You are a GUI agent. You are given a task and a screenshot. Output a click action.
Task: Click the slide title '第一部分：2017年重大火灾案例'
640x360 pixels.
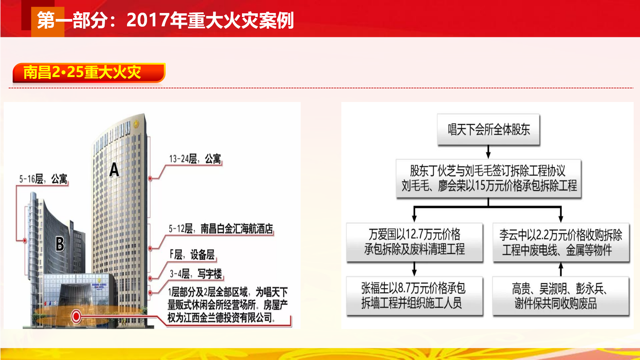coord(165,20)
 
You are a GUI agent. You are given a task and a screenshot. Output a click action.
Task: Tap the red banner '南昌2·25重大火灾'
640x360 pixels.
coord(89,72)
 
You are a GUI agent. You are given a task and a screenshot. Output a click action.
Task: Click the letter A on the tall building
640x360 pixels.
coord(114,170)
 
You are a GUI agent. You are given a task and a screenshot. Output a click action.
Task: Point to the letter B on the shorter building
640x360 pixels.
coord(60,244)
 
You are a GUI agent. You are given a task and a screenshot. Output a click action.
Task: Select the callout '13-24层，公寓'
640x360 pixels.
coord(195,159)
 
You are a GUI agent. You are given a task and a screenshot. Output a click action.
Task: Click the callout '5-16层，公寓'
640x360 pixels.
coord(43,179)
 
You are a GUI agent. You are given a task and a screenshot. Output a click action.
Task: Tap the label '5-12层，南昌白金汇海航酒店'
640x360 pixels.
coord(221,229)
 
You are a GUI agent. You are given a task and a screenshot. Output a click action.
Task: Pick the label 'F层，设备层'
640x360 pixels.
coord(192,255)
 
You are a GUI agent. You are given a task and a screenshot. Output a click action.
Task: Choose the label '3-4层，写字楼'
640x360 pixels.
coord(196,274)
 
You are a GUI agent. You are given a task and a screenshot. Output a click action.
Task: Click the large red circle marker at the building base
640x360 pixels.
coord(76,316)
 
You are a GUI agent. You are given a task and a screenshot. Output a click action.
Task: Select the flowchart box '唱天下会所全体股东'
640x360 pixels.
coord(489,130)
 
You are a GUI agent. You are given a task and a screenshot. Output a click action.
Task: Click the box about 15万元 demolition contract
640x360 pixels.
coord(489,179)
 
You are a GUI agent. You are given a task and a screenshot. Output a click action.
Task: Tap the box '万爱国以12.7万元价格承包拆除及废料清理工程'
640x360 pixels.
coord(414,242)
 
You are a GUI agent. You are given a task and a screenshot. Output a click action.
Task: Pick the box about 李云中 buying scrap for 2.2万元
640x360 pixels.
coord(561,242)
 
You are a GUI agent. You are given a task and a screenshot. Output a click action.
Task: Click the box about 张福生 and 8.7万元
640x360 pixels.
coord(414,296)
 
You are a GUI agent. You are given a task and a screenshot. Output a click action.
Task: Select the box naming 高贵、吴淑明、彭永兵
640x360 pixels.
coord(561,296)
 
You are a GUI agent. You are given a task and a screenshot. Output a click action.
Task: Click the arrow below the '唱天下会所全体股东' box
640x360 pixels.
coord(488,152)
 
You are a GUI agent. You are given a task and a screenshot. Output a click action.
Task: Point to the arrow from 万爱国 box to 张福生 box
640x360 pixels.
coord(414,269)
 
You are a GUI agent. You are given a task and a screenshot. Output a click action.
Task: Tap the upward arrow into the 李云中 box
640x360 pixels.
coord(561,269)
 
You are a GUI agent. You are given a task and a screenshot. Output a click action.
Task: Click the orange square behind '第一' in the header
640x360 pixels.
coord(48,22)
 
